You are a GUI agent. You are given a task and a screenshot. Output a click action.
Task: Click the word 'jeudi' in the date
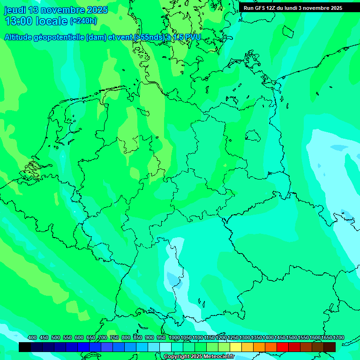(x=15, y=10)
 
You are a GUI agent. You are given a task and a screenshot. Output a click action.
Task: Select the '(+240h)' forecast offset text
(x=83, y=21)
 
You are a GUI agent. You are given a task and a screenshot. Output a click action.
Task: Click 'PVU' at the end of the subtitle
(x=192, y=37)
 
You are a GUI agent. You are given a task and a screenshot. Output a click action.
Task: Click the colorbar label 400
(x=32, y=338)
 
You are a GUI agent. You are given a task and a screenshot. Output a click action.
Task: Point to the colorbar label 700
(x=103, y=338)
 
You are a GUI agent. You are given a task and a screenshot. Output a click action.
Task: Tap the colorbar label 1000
(x=174, y=338)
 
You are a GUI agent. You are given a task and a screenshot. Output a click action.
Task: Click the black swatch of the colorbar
(x=25, y=347)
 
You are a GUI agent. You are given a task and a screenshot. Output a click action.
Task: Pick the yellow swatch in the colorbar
(x=236, y=347)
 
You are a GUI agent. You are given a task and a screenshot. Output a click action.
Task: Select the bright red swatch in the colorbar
(x=283, y=347)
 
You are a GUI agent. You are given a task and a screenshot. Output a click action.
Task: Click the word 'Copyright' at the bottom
(x=176, y=357)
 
